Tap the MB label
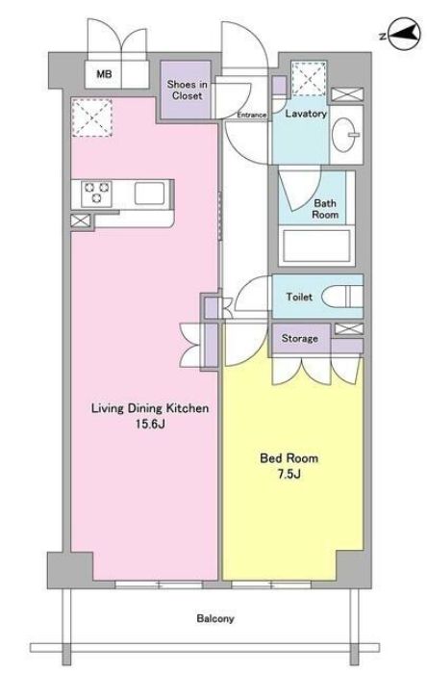tap(104, 74)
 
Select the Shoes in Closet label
tap(188, 90)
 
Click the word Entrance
tap(252, 115)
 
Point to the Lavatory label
tap(306, 114)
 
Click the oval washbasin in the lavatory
tap(345, 135)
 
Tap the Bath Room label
tap(325, 208)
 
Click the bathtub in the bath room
tap(316, 247)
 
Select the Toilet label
tap(299, 297)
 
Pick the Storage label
tap(300, 338)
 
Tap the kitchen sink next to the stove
tap(149, 194)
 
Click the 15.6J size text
tap(150, 424)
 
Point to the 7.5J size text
tap(289, 474)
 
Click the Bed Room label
tap(289, 458)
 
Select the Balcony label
tap(215, 618)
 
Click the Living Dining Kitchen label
tap(150, 408)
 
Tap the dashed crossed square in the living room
tap(91, 117)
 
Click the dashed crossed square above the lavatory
tap(309, 79)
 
